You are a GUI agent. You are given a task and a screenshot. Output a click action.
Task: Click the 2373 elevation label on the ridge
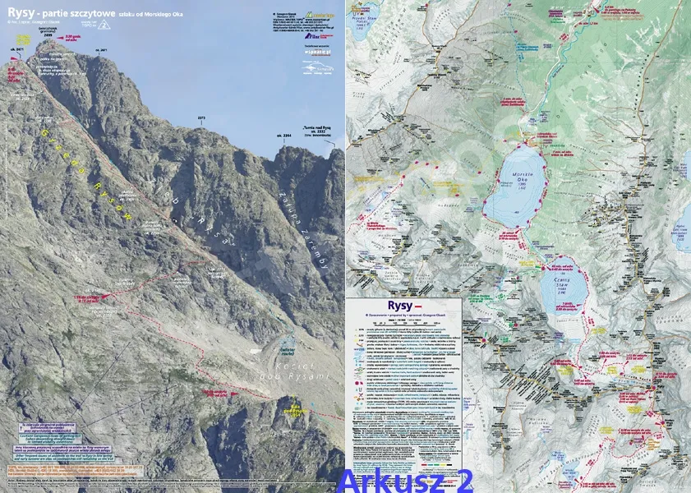point(201,118)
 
